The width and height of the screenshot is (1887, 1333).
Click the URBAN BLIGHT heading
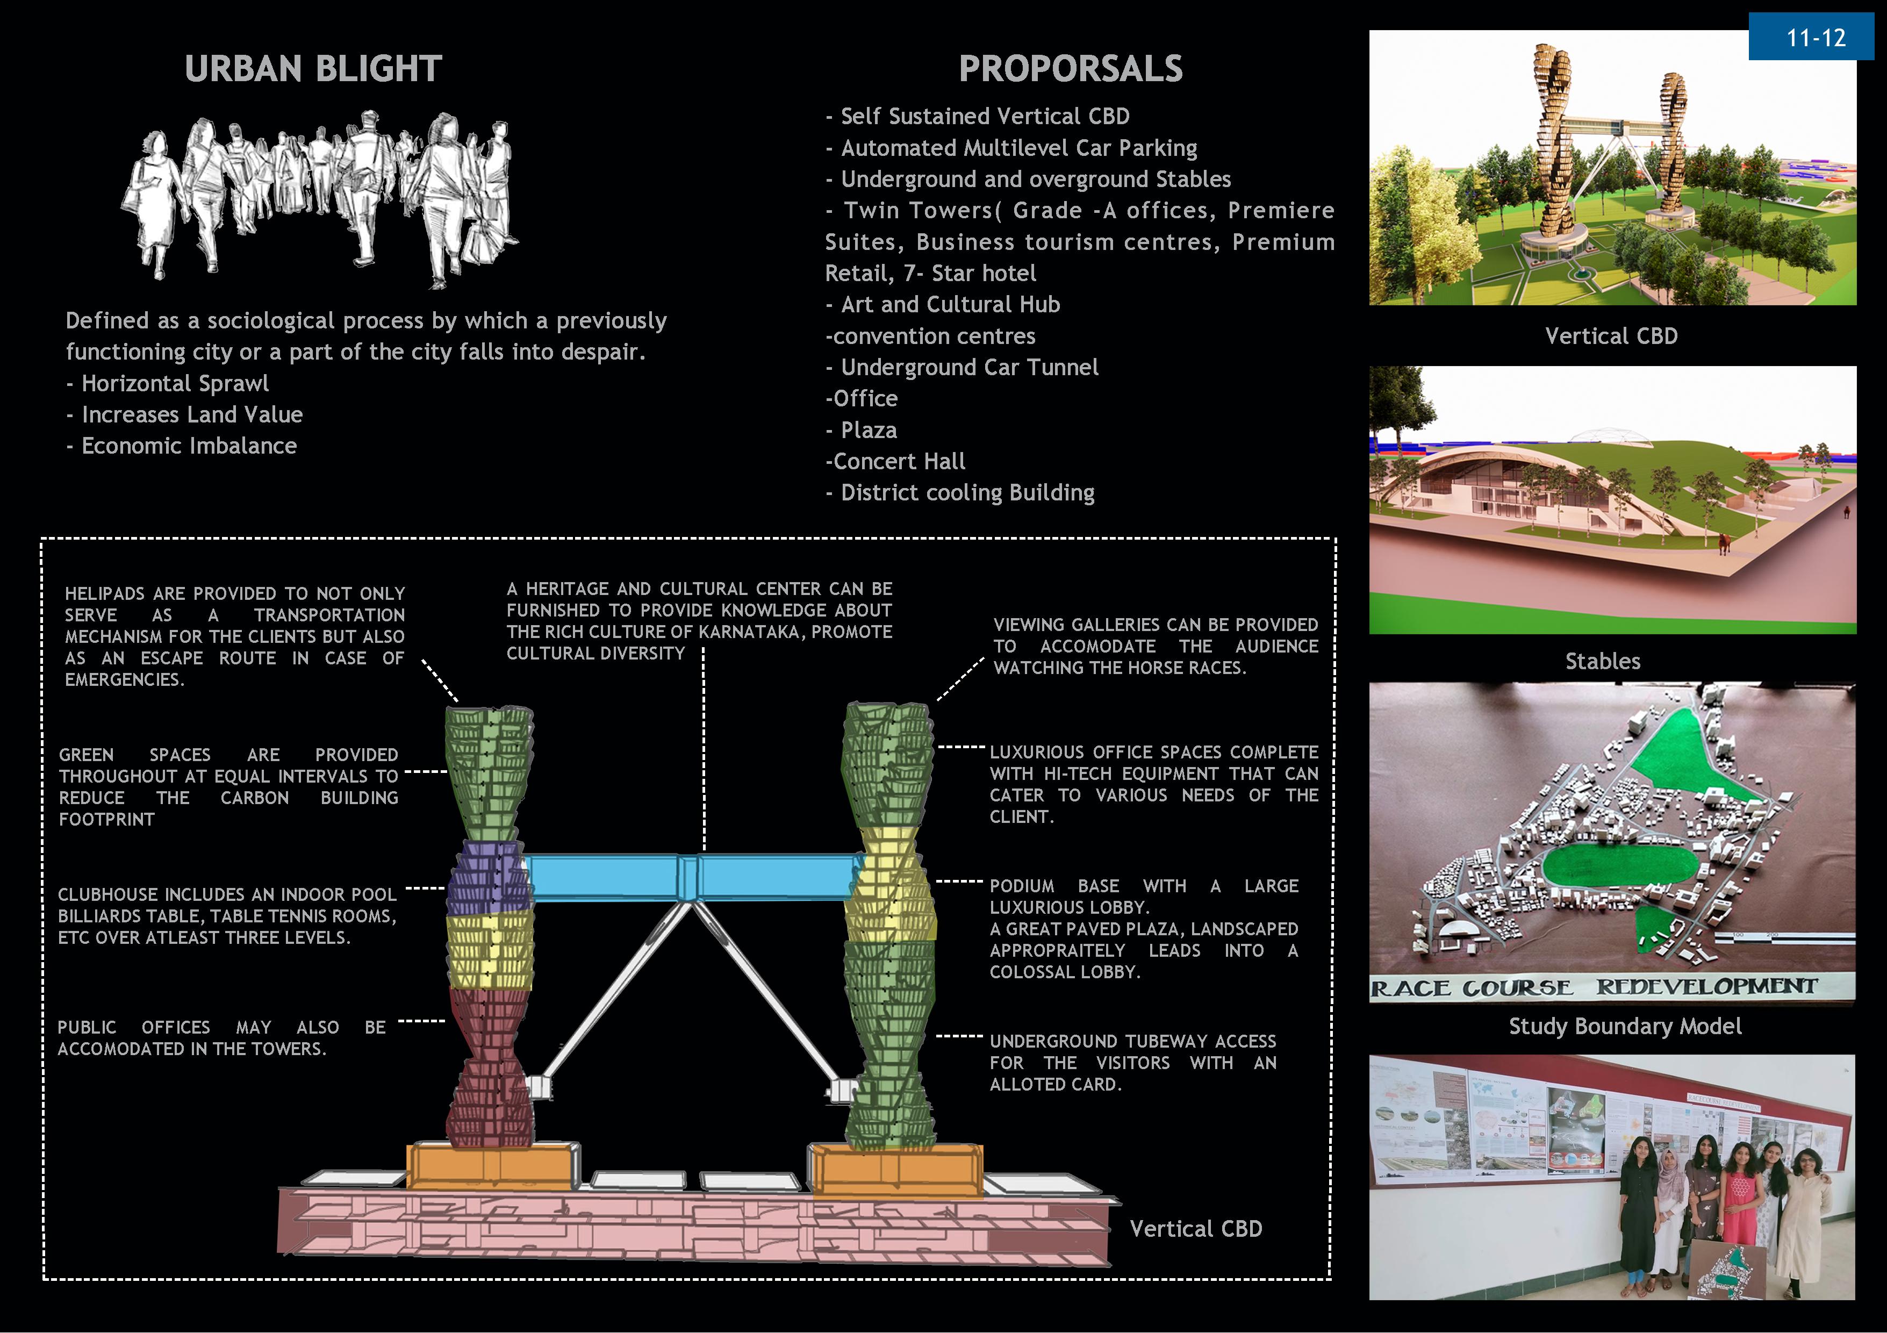click(x=313, y=69)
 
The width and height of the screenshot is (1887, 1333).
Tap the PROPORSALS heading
click(x=1070, y=69)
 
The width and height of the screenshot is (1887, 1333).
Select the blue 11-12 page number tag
click(x=1816, y=38)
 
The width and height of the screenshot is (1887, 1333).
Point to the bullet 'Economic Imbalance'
click(x=188, y=446)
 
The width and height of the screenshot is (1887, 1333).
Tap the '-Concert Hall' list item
click(x=895, y=462)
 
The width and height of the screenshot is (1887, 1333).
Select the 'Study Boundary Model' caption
click(x=1625, y=1027)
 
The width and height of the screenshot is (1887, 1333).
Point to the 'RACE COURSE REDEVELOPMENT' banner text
click(x=1595, y=987)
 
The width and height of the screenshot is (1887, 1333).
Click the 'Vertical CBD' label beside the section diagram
click(x=1195, y=1229)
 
